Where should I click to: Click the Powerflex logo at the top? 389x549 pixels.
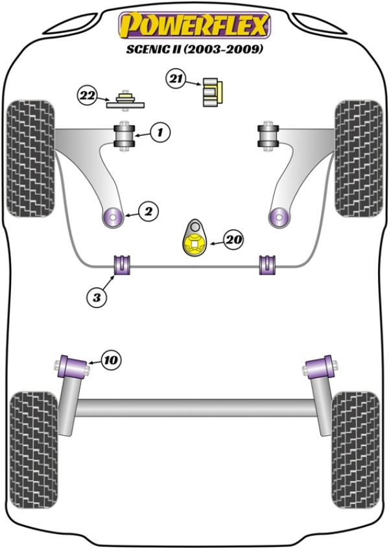193,25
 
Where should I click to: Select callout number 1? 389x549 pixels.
160,133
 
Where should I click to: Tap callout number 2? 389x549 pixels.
148,210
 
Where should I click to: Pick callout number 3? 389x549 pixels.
96,297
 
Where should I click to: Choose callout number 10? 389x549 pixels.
111,359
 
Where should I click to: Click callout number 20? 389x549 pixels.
234,240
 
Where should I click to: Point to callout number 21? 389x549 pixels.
174,80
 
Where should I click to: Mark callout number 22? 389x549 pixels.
87,96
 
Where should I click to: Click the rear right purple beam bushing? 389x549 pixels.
320,367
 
